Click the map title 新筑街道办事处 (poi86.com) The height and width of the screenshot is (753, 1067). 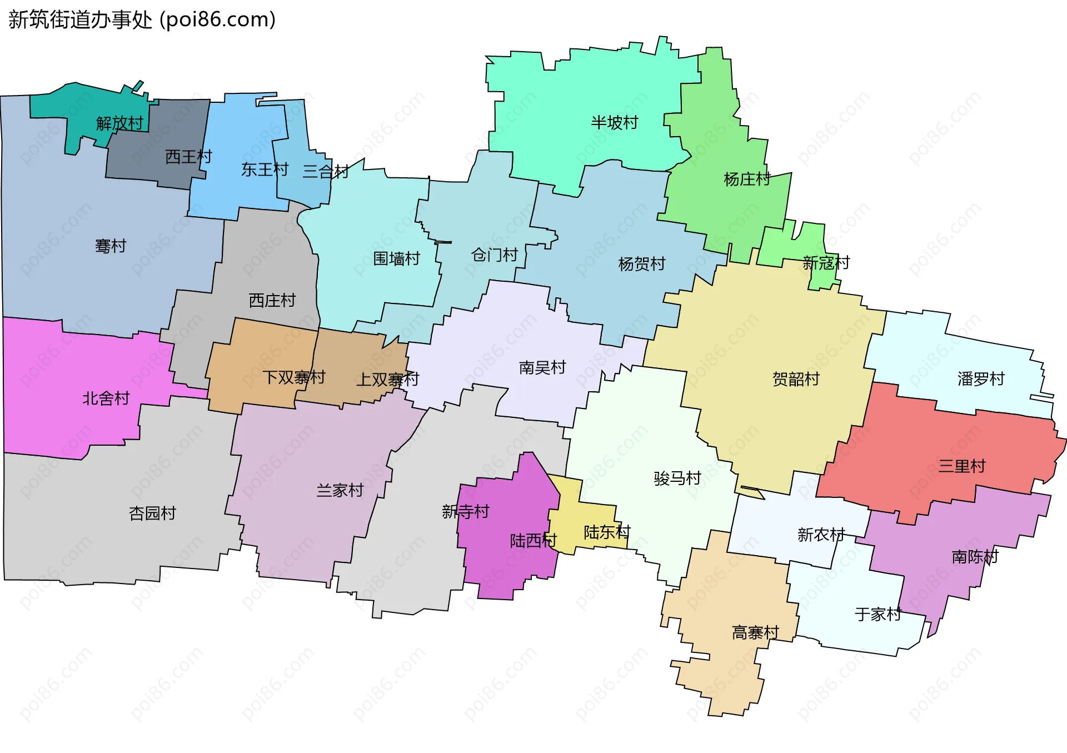[142, 20]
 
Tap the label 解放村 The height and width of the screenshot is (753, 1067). [119, 123]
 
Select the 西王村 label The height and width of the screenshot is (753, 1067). [188, 157]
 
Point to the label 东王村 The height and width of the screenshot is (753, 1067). [265, 169]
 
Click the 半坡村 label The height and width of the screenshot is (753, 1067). [614, 122]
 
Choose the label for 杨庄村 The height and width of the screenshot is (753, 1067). [746, 179]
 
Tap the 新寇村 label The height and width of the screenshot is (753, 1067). [826, 263]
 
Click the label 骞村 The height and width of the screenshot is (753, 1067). [111, 246]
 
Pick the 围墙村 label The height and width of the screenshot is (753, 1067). [396, 258]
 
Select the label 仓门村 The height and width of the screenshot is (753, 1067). [494, 255]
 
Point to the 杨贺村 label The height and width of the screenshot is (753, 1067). [641, 263]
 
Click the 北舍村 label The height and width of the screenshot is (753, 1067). [106, 398]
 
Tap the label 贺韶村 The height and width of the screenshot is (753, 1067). [796, 379]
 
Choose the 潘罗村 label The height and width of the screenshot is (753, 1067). [981, 378]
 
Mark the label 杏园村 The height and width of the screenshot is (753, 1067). [152, 513]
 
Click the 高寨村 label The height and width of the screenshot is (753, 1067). [755, 632]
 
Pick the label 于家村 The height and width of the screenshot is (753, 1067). [877, 614]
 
